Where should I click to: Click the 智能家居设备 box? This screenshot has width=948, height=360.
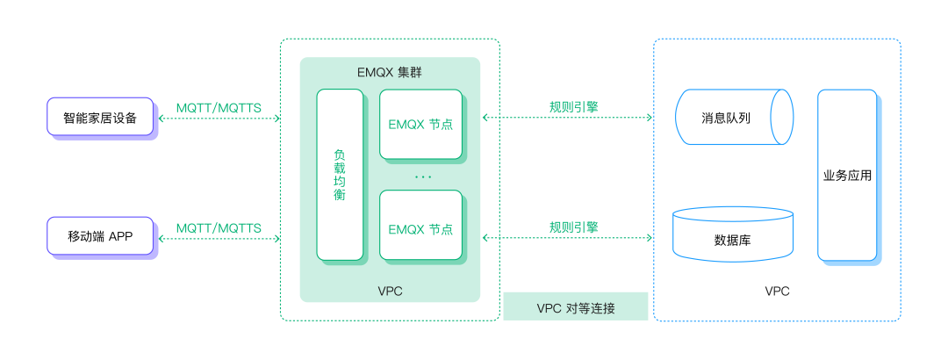100,116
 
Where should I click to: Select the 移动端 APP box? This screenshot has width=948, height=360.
100,235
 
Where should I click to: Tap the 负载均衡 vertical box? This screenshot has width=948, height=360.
340,175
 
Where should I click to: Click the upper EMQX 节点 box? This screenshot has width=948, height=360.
420,124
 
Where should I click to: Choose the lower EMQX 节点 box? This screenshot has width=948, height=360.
420,225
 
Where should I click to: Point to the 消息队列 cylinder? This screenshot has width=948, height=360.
733,117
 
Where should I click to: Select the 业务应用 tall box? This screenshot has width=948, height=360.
847,175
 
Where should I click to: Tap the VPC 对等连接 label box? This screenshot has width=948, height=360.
576,306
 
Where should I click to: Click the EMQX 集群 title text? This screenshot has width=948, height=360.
390,73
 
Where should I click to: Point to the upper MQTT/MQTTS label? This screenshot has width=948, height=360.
219,108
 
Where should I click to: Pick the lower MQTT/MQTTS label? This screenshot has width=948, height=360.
219,228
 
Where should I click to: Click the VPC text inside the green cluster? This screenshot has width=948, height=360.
390,291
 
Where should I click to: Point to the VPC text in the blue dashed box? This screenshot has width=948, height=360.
777,291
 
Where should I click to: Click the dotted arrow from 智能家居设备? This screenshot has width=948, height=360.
219,119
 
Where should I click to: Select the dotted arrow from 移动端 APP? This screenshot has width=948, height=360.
219,238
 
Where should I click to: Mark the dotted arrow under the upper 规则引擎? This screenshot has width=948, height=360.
568,118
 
